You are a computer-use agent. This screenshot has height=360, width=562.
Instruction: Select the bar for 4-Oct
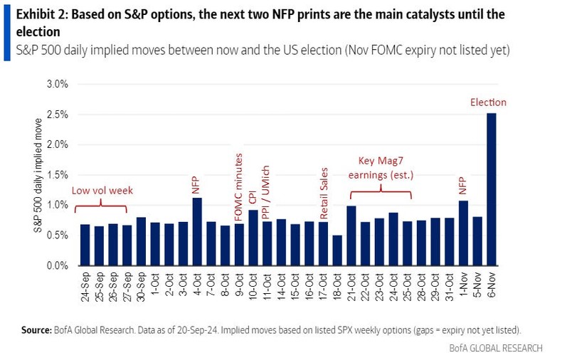click(x=197, y=232)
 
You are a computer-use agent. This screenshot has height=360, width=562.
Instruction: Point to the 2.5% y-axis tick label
click(x=57, y=114)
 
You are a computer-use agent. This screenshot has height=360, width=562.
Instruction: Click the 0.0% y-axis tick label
click(x=57, y=266)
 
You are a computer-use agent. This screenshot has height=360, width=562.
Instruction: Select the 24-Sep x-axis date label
click(x=85, y=289)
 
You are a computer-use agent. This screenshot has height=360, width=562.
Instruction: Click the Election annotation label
click(x=488, y=102)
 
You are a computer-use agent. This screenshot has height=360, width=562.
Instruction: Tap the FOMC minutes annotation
click(x=239, y=186)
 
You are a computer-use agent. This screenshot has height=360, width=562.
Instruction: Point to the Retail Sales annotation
click(x=323, y=193)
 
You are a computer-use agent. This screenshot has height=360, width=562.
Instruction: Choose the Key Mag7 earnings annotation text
click(x=381, y=168)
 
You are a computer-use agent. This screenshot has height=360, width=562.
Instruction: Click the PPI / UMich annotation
click(x=267, y=200)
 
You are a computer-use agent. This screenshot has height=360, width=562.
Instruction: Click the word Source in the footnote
click(x=36, y=330)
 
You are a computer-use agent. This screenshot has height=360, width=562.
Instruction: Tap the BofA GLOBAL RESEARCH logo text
click(x=496, y=348)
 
